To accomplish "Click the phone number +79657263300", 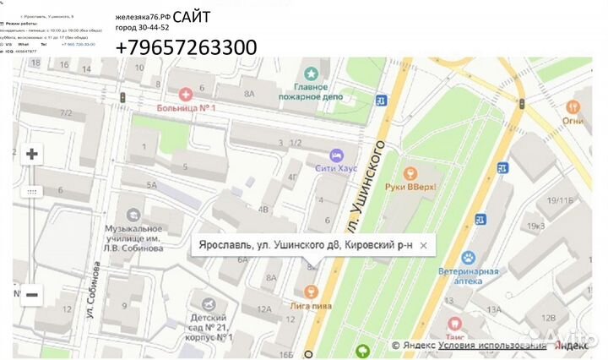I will click(186, 48).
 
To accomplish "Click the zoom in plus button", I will click(32, 154).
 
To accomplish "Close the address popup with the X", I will click(424, 245).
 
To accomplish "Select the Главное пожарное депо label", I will click(317, 91).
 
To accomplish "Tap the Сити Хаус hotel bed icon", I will click(337, 156).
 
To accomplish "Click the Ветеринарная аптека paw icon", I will click(470, 258).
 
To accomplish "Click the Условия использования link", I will click(492, 345).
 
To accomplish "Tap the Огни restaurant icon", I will click(573, 107).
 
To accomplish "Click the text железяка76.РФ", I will click(143, 17).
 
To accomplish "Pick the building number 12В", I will click(548, 319).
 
